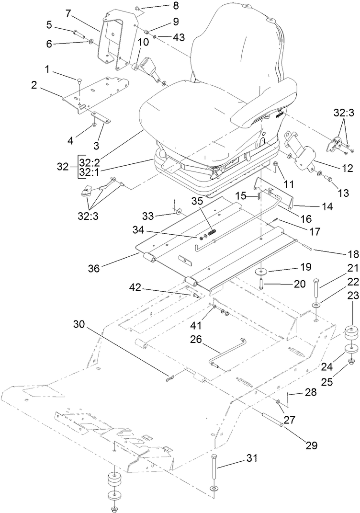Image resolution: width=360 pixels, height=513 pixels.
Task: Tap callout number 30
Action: coord(80,324)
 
